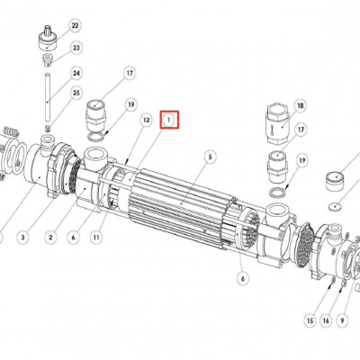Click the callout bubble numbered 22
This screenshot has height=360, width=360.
tap(75, 26)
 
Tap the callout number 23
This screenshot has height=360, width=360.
tap(76, 48)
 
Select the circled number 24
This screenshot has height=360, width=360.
tap(76, 74)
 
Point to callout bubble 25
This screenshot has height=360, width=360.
tap(76, 93)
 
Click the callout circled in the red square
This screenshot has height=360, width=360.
tap(168, 120)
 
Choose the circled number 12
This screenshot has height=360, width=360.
tap(146, 121)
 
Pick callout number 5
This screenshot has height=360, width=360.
tap(211, 157)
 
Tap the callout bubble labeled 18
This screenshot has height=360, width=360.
tap(300, 106)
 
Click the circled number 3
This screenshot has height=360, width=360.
tap(23, 238)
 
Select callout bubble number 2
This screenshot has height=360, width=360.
tap(50, 238)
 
